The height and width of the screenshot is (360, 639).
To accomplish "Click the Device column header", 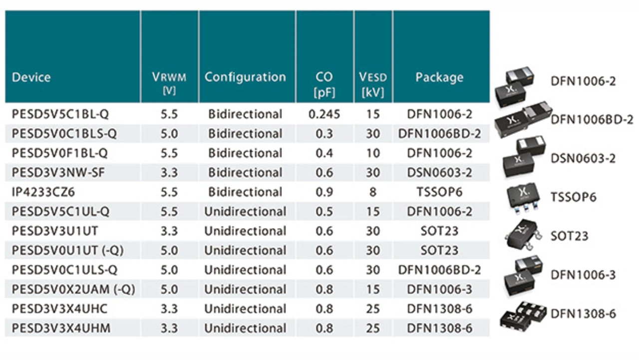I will pyautogui.click(x=31, y=77).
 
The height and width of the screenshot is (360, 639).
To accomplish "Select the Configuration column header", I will pyautogui.click(x=245, y=77).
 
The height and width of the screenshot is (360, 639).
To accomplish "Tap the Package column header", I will pyautogui.click(x=439, y=77).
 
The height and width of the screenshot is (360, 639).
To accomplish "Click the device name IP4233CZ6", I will pyautogui.click(x=43, y=192).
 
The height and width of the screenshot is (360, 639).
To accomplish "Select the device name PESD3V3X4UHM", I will pyautogui.click(x=61, y=328).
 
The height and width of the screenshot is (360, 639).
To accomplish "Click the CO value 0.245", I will pyautogui.click(x=324, y=114).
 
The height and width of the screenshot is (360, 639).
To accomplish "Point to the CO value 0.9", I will pyautogui.click(x=324, y=192).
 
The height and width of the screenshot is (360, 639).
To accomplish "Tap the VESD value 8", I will pyautogui.click(x=373, y=192).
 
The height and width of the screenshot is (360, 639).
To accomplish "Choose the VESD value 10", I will pyautogui.click(x=373, y=153).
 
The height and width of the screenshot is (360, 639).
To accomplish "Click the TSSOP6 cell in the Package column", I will pyautogui.click(x=439, y=192).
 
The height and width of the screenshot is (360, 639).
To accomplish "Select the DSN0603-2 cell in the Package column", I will pyautogui.click(x=439, y=172).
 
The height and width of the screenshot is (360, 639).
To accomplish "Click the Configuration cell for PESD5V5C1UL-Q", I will pyautogui.click(x=245, y=211).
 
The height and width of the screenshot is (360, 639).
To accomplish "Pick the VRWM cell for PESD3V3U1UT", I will pyautogui.click(x=169, y=231).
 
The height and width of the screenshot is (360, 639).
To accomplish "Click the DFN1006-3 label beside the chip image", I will pyautogui.click(x=583, y=275).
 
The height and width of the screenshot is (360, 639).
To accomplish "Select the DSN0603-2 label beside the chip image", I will pyautogui.click(x=583, y=159).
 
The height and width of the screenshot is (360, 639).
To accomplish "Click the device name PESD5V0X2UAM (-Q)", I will pyautogui.click(x=73, y=289).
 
